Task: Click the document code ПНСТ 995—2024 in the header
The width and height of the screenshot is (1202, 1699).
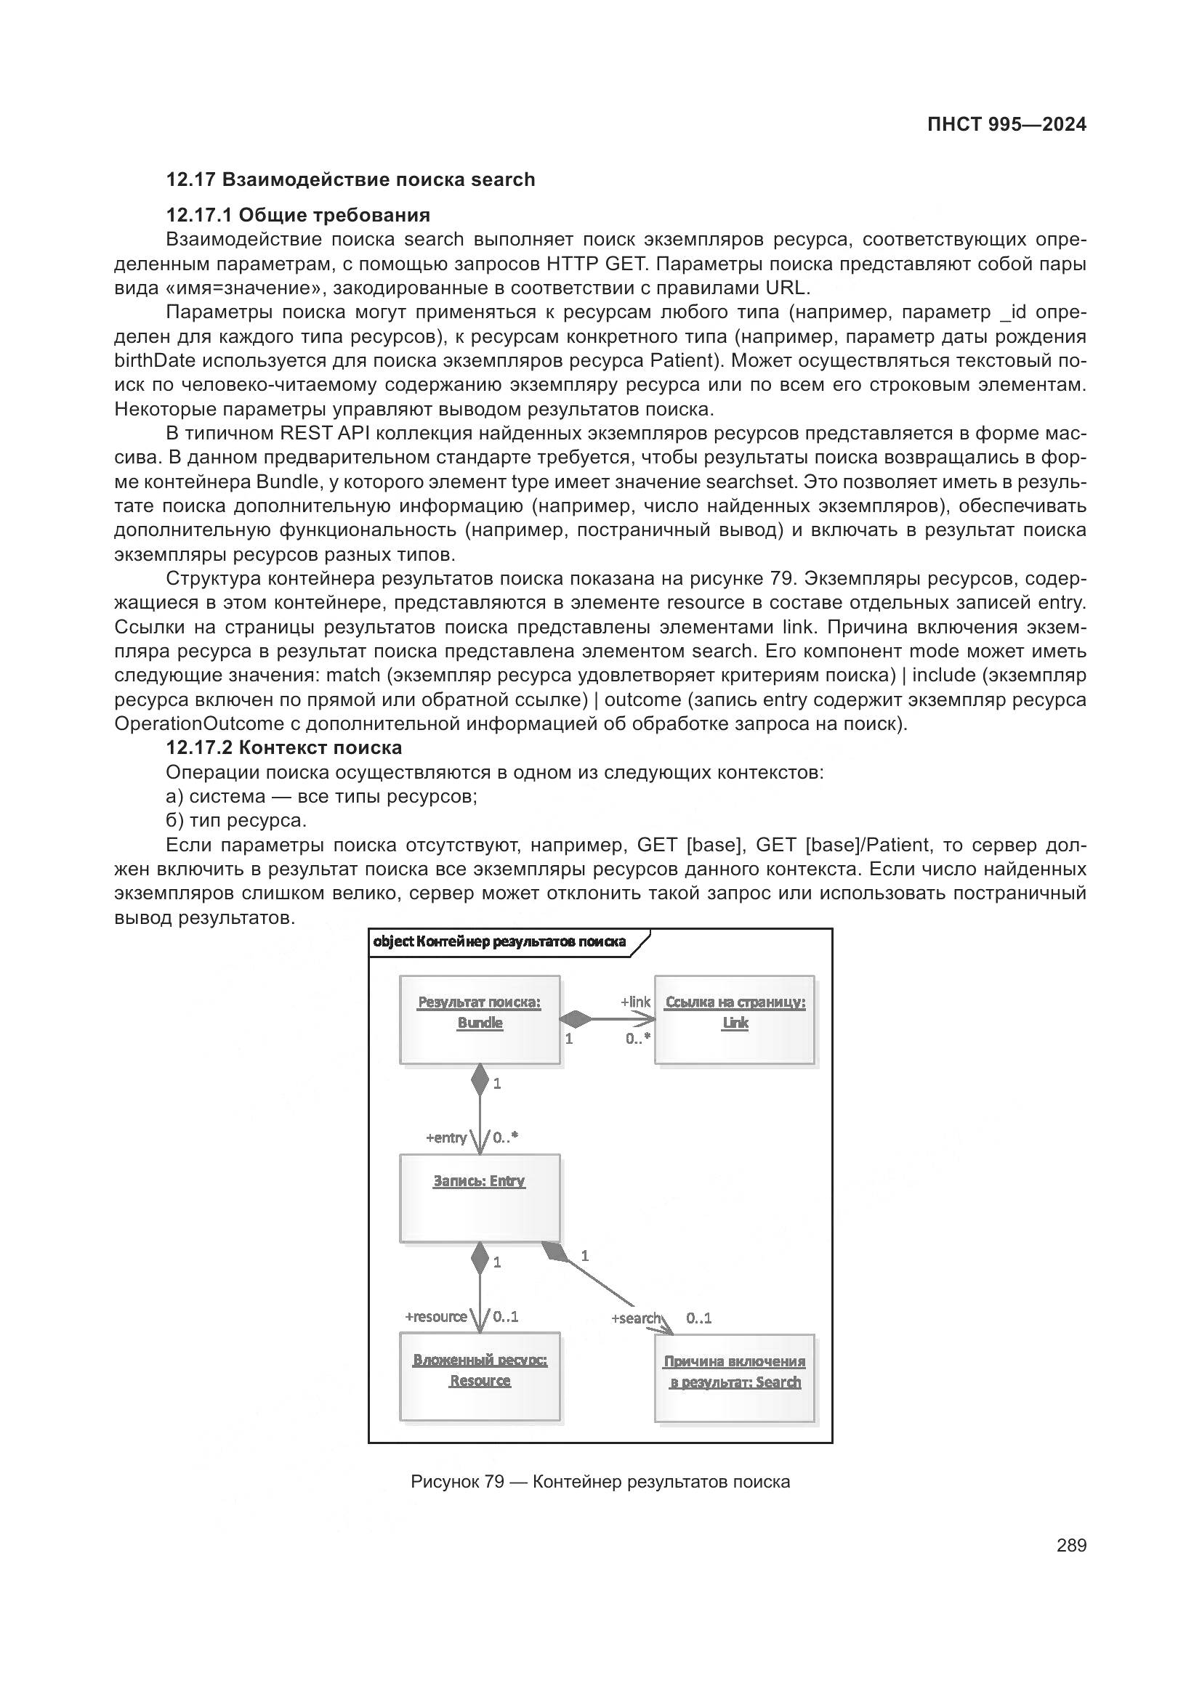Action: coord(1007,124)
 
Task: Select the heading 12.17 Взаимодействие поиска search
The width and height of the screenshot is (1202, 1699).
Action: coord(350,180)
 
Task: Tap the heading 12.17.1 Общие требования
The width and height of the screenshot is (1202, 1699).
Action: coord(297,215)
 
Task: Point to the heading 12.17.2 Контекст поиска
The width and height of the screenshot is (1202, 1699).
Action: coord(283,747)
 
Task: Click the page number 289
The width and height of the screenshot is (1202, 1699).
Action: coord(1071,1545)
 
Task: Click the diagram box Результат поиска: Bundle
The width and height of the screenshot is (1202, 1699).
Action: coord(480,1021)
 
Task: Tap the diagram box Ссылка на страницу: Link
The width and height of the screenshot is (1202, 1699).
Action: coord(734,1021)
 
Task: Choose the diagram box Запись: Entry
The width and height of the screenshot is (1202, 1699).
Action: coord(480,1197)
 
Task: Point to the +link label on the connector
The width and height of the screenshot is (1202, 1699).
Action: coord(635,1002)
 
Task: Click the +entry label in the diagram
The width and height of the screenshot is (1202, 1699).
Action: coord(445,1138)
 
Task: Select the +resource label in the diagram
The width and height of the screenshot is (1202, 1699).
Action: coord(435,1317)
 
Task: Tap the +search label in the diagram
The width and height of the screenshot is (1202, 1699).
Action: coord(635,1318)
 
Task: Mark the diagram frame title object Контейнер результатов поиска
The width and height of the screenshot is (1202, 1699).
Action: coord(499,942)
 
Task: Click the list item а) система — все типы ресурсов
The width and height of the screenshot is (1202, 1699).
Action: coord(321,797)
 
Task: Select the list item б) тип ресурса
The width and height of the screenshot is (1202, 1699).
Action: coord(235,821)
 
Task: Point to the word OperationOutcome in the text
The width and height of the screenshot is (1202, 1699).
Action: coord(199,723)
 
